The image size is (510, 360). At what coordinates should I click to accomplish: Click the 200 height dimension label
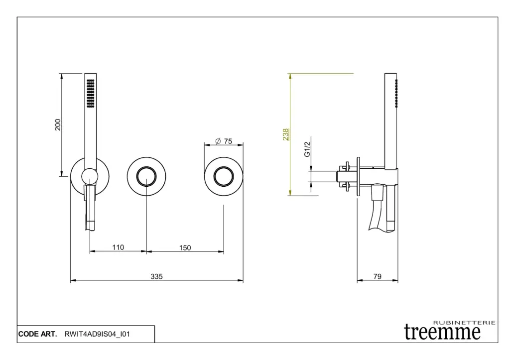(x=58, y=125)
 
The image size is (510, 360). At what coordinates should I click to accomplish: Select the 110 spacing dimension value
(x=118, y=247)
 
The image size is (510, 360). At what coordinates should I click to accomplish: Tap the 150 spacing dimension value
(x=185, y=248)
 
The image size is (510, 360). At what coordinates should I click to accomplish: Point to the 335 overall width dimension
(x=156, y=276)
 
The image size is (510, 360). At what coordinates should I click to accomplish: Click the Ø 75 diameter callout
(x=224, y=141)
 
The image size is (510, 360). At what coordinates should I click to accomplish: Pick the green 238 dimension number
(x=285, y=134)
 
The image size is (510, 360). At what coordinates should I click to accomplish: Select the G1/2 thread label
(x=307, y=149)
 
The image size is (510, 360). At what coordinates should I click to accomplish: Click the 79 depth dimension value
(x=378, y=276)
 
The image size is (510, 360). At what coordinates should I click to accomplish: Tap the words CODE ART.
(x=37, y=334)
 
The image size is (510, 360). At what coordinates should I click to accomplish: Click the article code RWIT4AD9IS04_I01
(x=97, y=334)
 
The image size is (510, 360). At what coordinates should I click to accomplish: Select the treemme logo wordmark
(x=442, y=332)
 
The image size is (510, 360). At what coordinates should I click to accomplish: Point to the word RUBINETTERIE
(x=465, y=323)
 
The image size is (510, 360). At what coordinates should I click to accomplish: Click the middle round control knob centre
(x=146, y=177)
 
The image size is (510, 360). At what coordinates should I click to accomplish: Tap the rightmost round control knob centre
(x=224, y=177)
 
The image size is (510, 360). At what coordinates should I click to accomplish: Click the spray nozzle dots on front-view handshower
(x=91, y=93)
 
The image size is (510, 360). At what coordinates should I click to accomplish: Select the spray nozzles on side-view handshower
(x=396, y=93)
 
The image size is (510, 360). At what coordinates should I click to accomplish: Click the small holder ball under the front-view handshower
(x=90, y=177)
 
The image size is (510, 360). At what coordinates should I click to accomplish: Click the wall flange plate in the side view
(x=359, y=177)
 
